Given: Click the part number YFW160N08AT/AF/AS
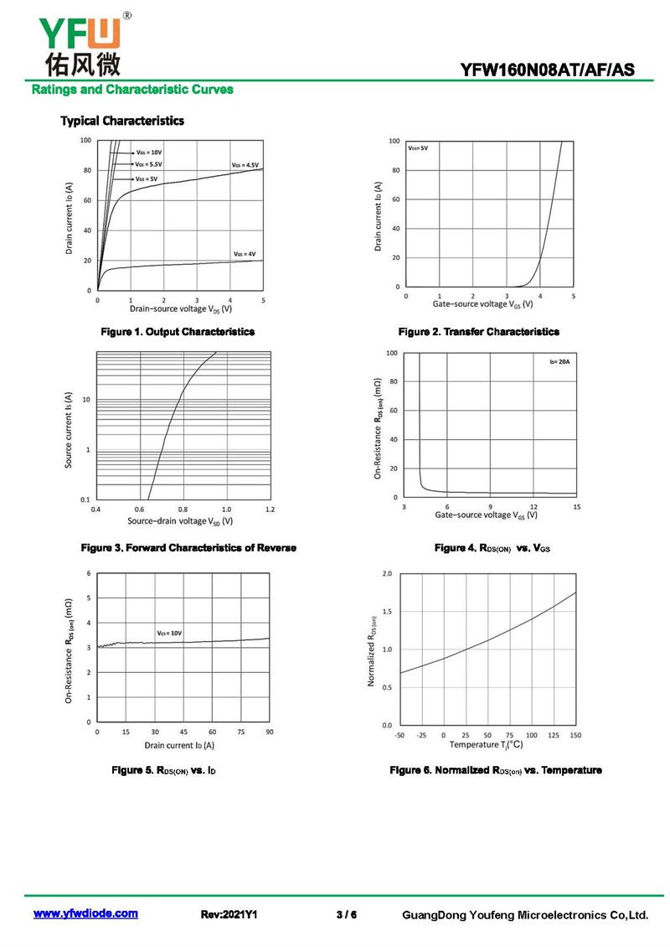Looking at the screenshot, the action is tap(548, 70).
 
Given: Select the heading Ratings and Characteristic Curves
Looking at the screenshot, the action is tap(132, 90).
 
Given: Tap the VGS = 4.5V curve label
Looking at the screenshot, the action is tap(245, 165).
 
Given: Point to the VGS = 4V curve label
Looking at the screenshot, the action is tap(245, 254).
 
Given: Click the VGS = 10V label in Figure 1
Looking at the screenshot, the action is tap(148, 153).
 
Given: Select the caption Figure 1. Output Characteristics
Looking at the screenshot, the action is tap(178, 332).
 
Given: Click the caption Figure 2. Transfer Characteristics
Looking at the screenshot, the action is tap(479, 332).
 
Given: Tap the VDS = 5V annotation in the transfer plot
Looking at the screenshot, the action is tap(418, 148).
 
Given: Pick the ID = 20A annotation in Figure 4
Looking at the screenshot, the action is tap(559, 362).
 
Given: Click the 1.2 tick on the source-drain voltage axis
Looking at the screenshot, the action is tap(270, 510).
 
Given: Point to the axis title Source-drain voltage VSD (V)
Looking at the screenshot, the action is tap(180, 520).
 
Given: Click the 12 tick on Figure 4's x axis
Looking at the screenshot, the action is tap(533, 507).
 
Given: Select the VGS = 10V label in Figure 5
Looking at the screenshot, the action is tap(169, 633).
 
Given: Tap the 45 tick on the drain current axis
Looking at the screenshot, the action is tap(183, 732).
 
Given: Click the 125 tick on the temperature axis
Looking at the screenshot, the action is tap(554, 735).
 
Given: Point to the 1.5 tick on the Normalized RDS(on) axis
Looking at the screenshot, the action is tap(387, 611).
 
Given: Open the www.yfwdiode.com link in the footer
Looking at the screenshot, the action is tap(85, 913).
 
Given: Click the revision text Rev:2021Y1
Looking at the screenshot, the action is tap(229, 914).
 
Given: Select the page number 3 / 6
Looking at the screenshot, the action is tap(347, 914).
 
